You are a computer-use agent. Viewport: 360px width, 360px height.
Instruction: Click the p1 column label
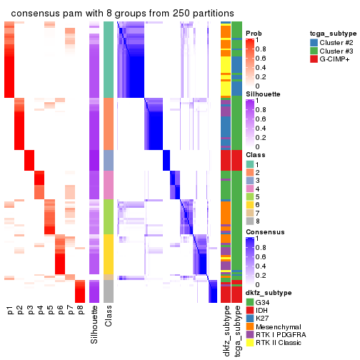pyautogui.click(x=10, y=311)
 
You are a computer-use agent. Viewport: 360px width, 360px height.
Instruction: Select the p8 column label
pyautogui.click(x=80, y=311)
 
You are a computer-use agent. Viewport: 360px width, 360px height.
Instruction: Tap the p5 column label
pyautogui.click(x=50, y=311)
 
